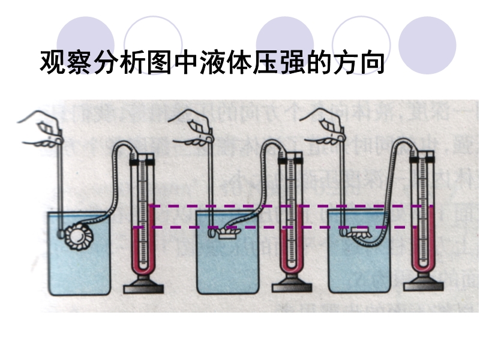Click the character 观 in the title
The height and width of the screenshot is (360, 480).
52,62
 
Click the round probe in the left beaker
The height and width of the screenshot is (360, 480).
77,234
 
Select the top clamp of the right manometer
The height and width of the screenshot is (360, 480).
424,158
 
